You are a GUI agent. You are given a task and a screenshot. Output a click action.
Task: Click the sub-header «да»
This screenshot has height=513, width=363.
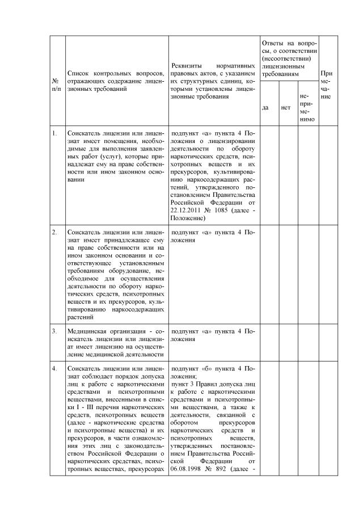pos(265,107)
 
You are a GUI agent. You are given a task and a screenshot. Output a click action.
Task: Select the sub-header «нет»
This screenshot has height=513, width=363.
pos(285,107)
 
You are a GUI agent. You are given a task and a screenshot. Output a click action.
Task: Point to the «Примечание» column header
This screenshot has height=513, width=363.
pos(327,85)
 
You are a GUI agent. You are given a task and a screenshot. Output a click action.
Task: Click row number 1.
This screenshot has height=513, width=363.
pos(54,134)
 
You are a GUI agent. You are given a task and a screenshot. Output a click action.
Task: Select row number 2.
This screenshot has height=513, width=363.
pos(54,233)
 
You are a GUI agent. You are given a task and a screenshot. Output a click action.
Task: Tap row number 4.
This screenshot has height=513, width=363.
pos(54,368)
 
